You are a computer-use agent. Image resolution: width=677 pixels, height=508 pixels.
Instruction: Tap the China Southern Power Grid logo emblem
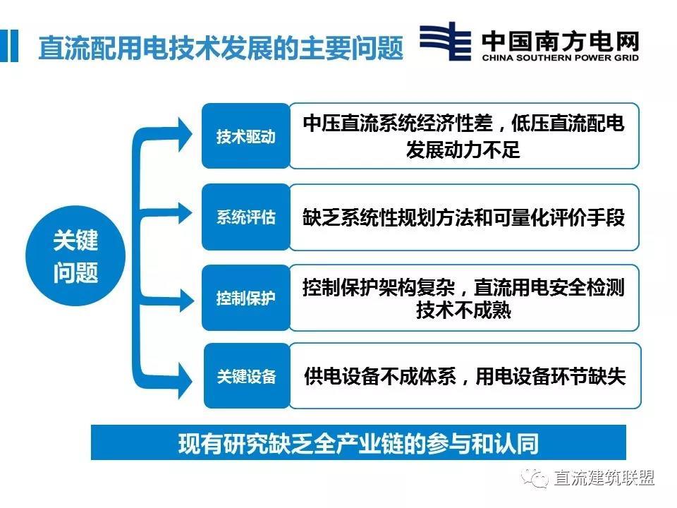[x=445, y=42]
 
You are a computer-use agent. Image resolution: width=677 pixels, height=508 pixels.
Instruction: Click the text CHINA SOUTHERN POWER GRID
[x=561, y=58]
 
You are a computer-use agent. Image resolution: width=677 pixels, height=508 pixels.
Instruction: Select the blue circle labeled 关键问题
[x=75, y=258]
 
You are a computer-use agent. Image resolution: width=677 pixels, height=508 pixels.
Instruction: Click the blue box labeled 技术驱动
[x=245, y=136]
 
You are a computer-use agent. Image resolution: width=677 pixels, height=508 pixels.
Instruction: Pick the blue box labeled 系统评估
[x=245, y=217]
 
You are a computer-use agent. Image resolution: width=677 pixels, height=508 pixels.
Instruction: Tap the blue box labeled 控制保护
[x=245, y=298]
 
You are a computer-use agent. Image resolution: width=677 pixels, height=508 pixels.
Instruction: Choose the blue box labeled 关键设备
[x=246, y=376]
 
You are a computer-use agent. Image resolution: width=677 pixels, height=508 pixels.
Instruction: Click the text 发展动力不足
[x=463, y=150]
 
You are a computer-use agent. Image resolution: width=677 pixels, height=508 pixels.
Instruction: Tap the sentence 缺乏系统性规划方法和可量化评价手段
[x=464, y=217]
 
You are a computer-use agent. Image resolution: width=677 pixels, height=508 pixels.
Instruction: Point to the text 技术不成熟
[x=463, y=310]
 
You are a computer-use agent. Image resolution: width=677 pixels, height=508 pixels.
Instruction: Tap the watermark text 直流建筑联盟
[x=604, y=478]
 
